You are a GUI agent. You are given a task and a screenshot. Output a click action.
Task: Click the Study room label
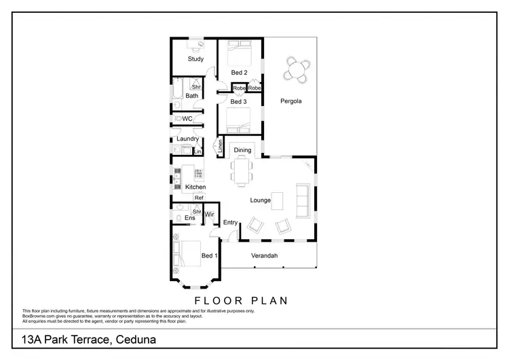195,59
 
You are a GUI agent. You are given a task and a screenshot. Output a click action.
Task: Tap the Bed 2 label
238,72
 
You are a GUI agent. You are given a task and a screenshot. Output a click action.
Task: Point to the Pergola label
290,101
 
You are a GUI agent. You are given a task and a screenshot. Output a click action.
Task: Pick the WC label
188,119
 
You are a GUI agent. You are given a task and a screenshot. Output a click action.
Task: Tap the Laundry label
187,139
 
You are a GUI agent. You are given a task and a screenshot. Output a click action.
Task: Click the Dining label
242,150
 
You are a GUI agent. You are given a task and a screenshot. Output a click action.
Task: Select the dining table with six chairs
242,170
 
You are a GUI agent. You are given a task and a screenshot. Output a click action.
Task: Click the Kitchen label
195,187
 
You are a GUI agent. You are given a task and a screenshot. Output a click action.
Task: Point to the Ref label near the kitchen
198,198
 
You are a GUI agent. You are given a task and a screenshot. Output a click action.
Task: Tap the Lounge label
260,200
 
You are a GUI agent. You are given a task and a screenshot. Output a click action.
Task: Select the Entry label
230,222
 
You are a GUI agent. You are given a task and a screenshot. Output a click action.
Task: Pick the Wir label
210,215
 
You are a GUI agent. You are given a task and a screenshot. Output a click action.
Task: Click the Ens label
190,218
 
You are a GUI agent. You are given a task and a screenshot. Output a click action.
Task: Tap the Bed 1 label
209,255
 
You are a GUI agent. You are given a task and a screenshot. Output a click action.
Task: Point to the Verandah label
265,255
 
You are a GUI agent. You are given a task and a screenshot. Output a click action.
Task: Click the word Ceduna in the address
133,338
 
